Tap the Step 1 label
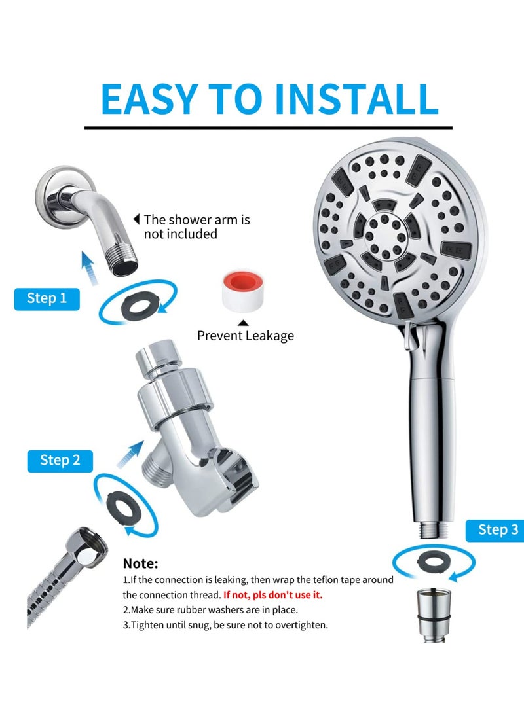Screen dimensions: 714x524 tap(47, 298)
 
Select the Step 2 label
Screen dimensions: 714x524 tap(60, 459)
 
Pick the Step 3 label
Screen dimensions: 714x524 tap(497, 529)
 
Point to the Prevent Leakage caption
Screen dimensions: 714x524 tap(246, 336)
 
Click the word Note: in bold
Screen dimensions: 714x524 tap(140, 563)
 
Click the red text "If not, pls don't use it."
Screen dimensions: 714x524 tap(272, 595)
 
